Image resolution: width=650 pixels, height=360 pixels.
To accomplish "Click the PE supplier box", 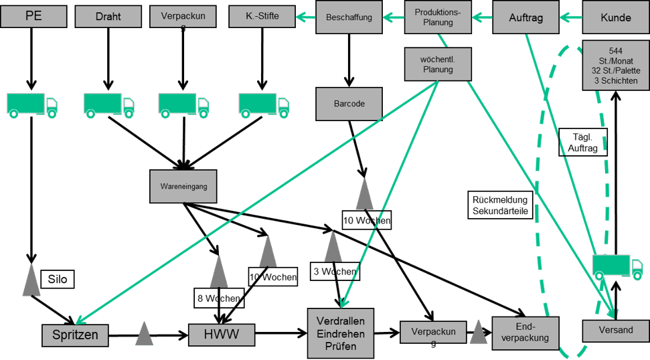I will (x=33, y=16).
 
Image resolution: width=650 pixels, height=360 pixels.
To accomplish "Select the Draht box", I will (x=108, y=16).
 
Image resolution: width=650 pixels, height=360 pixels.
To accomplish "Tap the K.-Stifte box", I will (x=262, y=16).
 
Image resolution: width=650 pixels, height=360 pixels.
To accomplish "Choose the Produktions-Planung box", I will (x=437, y=17).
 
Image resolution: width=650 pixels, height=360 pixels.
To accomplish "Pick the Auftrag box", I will (x=526, y=17).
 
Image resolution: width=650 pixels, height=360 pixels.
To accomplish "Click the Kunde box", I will (x=615, y=17).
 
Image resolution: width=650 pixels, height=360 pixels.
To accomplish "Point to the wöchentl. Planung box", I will (x=436, y=64).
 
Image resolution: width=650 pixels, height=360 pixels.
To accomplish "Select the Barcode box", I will (x=349, y=104).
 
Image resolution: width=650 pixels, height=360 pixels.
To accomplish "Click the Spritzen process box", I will (x=75, y=334).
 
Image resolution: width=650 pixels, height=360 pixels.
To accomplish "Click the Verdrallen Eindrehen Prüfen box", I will (x=340, y=333).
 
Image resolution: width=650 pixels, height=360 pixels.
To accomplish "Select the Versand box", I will (x=616, y=331).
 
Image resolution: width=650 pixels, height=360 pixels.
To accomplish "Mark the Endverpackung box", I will (x=525, y=332).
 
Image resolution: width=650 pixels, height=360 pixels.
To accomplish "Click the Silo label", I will (x=58, y=278).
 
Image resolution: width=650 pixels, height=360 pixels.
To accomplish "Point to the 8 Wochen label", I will (x=218, y=298).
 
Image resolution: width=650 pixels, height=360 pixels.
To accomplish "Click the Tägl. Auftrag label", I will (x=582, y=141).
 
